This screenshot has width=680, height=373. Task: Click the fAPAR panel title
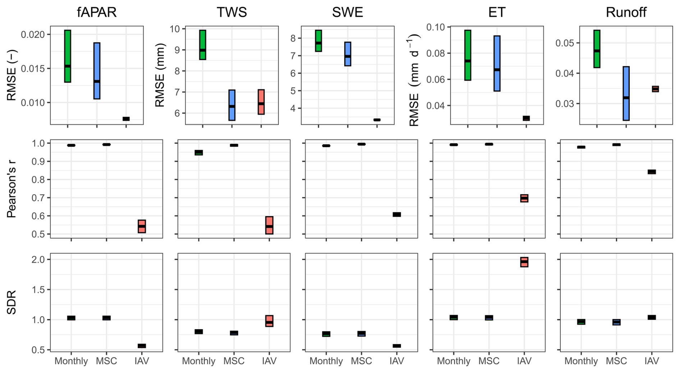(x=97, y=13)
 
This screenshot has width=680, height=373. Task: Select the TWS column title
(x=232, y=13)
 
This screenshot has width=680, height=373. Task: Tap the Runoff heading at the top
(x=626, y=13)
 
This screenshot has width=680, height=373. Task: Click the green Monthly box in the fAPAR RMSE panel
(x=68, y=56)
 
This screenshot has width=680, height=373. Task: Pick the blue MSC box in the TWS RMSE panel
(x=232, y=105)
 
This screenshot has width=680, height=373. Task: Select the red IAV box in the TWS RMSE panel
(x=261, y=102)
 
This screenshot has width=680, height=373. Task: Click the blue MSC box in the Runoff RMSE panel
(x=626, y=93)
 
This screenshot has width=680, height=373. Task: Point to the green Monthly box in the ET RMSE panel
(x=468, y=55)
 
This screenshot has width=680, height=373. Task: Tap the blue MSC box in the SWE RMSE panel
(x=348, y=54)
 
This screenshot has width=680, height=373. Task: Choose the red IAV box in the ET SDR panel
(x=524, y=262)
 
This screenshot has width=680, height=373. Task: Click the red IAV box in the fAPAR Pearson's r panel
(x=142, y=227)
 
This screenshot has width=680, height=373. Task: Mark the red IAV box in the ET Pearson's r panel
(x=524, y=199)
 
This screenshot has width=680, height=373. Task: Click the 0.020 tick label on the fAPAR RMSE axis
(x=33, y=35)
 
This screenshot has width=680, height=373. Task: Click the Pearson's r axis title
(x=12, y=188)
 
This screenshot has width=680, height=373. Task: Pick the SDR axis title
(x=12, y=303)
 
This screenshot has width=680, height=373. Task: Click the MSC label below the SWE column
(x=361, y=361)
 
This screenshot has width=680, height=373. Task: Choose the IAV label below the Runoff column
(x=652, y=361)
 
